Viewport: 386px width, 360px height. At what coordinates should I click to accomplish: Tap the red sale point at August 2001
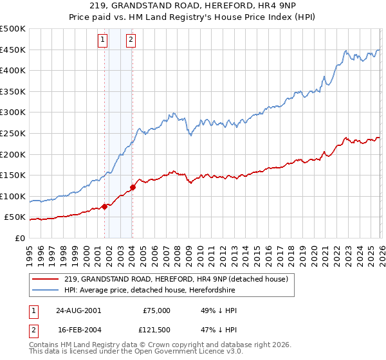pos(104,206)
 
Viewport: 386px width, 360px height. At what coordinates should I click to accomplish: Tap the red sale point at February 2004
pos(133,187)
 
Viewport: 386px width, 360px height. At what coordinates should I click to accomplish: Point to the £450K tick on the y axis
pos(13,50)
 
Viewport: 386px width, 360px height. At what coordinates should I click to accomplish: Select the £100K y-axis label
pos(13,196)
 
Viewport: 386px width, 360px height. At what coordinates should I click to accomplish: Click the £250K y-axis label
pos(13,134)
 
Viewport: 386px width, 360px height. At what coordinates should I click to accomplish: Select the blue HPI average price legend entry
pos(149,290)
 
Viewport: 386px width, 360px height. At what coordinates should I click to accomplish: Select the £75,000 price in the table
pos(156,310)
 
